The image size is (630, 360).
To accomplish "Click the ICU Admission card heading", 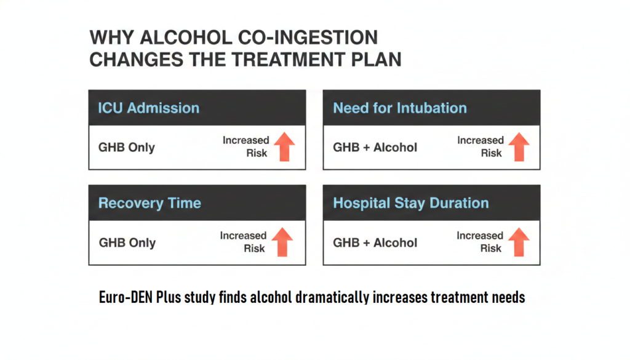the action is (x=149, y=108).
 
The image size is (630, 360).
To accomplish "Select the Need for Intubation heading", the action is (x=400, y=108).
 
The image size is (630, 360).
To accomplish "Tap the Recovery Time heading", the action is (x=150, y=203).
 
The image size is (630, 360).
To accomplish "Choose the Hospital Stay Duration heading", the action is (x=410, y=203).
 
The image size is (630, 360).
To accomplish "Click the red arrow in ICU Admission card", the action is (x=285, y=146).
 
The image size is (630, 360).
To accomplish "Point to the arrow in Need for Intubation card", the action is (x=519, y=146).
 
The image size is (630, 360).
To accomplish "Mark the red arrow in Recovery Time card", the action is (x=282, y=242).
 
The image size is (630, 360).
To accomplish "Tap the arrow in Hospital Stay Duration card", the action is (x=519, y=242).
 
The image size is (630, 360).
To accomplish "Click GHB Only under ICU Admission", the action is (x=127, y=148).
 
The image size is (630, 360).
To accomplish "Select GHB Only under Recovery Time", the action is (x=127, y=242).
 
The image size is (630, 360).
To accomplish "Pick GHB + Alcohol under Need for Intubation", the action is (x=375, y=148).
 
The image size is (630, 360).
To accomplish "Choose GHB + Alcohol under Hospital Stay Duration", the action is (x=375, y=242).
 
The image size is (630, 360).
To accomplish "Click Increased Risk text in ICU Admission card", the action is (x=246, y=146).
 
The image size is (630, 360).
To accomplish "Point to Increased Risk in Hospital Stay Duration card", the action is (x=480, y=242).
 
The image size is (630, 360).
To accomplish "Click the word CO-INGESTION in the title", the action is (x=308, y=38).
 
